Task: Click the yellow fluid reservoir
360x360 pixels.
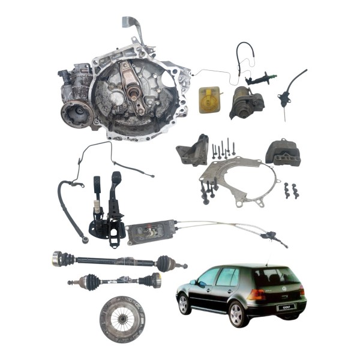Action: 208,99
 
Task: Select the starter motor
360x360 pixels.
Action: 245,103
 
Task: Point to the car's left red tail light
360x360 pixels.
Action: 257,295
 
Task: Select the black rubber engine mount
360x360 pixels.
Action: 283,153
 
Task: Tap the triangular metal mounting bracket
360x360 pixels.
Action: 191,155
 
